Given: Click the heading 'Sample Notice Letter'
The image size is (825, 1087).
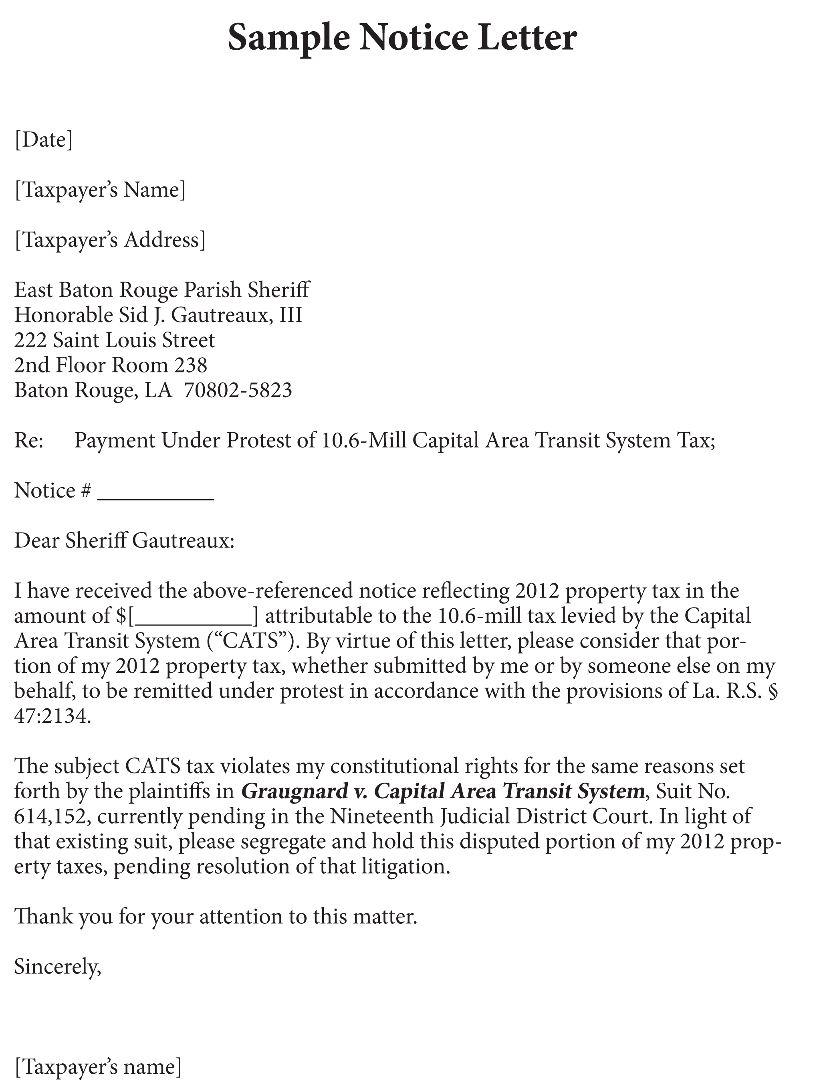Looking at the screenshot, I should pyautogui.click(x=402, y=38).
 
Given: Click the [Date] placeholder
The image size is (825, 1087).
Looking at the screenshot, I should pyautogui.click(x=44, y=140).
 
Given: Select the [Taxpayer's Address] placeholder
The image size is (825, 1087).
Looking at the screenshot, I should pyautogui.click(x=110, y=240).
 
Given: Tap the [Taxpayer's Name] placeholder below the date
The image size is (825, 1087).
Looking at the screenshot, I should pyautogui.click(x=100, y=190).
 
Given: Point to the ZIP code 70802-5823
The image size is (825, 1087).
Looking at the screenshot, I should pyautogui.click(x=238, y=390).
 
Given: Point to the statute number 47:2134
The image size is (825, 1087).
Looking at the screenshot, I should pyautogui.click(x=52, y=717).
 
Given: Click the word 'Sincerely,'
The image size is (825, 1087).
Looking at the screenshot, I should pyautogui.click(x=57, y=967).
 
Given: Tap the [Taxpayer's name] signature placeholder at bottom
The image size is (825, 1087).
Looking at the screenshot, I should pyautogui.click(x=98, y=1067).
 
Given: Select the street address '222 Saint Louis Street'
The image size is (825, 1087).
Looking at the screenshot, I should pyautogui.click(x=115, y=340).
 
